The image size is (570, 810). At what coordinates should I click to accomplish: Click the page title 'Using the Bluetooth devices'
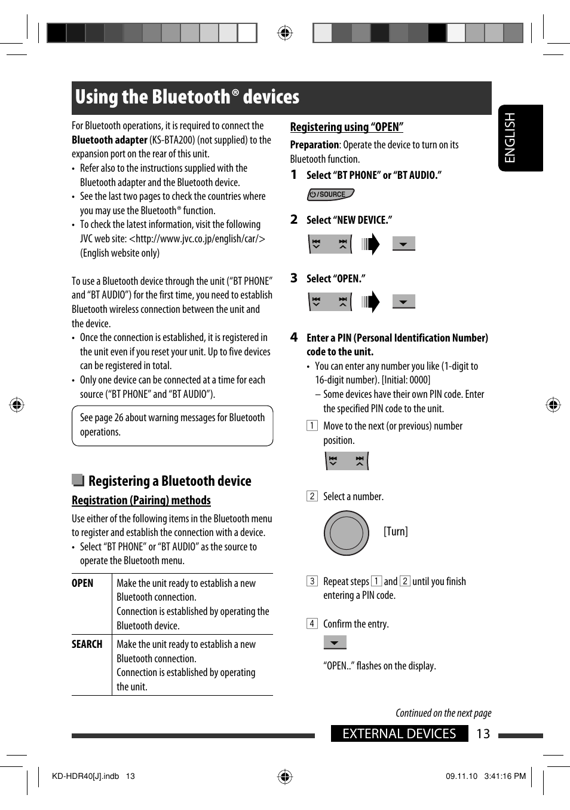tap(187, 97)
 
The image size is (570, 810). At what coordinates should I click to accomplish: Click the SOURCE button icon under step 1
tap(330, 194)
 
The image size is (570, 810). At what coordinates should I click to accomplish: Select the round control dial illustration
tap(347, 532)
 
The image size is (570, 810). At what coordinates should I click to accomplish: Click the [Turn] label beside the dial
tap(396, 531)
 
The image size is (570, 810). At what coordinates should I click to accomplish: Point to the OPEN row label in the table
tap(82, 583)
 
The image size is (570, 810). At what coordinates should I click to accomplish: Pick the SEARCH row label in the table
tap(87, 644)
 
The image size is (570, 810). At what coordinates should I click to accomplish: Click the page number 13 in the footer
tap(483, 733)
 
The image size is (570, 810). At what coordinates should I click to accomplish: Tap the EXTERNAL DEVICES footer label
tap(399, 733)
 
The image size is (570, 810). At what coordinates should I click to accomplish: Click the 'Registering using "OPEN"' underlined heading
tap(347, 127)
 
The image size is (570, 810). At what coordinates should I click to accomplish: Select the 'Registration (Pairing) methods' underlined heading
tap(141, 500)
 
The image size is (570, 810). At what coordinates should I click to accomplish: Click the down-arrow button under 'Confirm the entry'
tap(335, 642)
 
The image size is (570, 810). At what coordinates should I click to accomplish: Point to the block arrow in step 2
tap(370, 244)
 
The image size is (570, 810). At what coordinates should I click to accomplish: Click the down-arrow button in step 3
tap(403, 302)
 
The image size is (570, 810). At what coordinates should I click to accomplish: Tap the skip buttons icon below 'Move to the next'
tap(347, 461)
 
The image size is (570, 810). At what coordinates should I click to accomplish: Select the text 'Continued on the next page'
tap(443, 712)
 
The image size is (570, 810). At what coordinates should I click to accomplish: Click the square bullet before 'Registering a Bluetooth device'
tap(78, 480)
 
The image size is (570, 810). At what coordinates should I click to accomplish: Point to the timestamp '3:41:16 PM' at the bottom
tap(505, 776)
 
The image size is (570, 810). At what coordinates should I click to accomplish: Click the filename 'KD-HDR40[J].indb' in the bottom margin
tap(85, 776)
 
